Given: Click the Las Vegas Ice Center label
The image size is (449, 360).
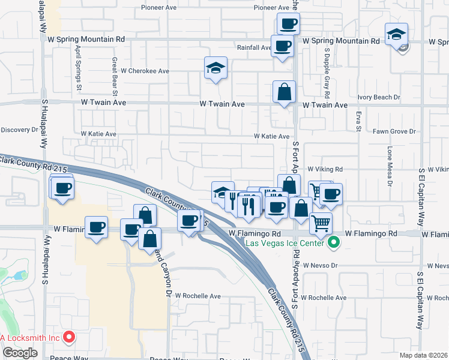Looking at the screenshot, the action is (x=286, y=243).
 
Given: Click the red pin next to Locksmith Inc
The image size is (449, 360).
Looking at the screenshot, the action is (x=70, y=337).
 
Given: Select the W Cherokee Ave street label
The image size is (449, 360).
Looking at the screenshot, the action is (x=145, y=70).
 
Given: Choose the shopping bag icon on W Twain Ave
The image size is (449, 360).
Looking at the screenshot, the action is (x=284, y=92).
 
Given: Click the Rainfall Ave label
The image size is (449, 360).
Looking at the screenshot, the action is (x=254, y=47).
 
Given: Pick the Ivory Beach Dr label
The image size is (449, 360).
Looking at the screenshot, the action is (x=379, y=97).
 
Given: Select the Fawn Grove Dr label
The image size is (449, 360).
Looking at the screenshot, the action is (x=394, y=131).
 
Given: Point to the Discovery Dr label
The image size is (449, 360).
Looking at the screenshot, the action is (x=19, y=130).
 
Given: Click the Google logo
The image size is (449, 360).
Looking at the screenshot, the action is (x=20, y=353).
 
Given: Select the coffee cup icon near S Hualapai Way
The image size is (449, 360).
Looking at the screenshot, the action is (x=62, y=188).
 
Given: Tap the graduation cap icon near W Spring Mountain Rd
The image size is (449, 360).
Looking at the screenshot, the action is (x=396, y=34).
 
